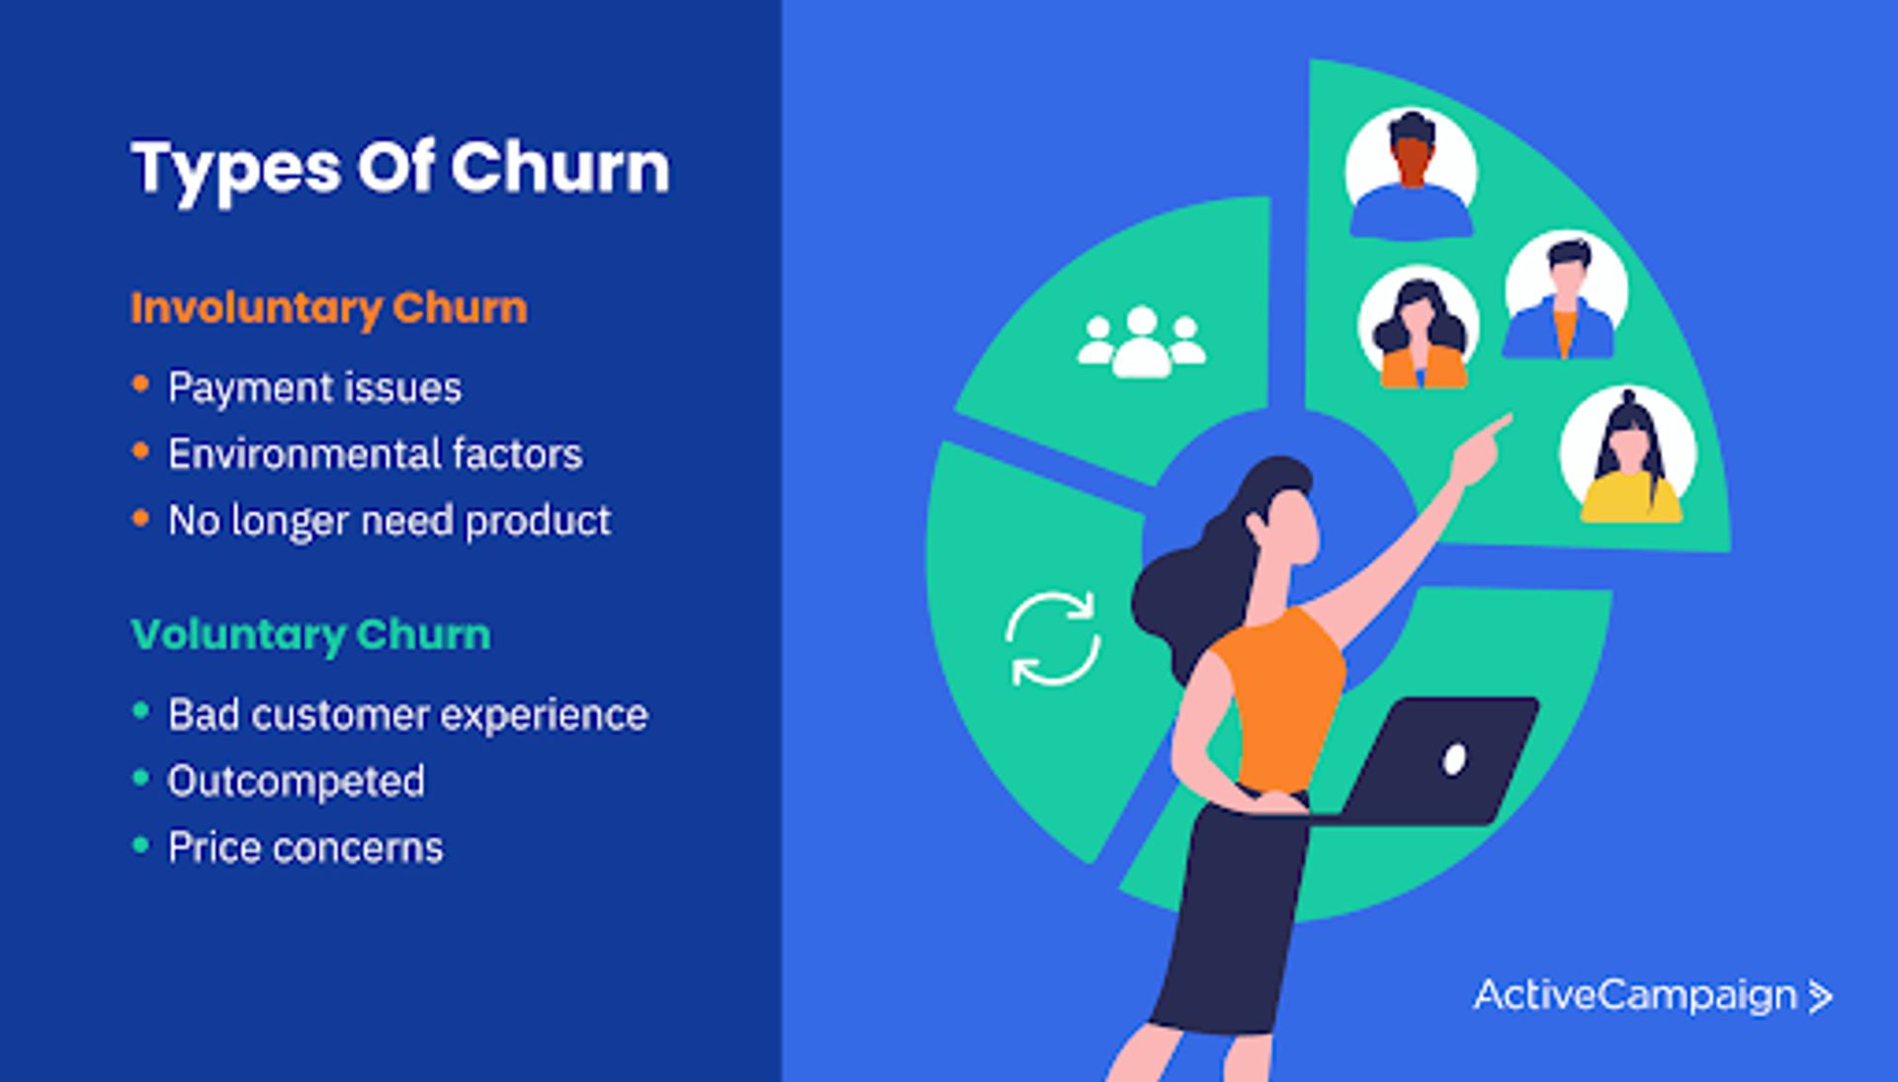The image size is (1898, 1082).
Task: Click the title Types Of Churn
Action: (400, 168)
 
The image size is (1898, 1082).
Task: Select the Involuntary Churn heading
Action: (329, 308)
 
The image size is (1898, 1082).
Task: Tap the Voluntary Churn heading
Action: (311, 634)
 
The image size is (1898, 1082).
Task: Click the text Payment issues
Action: (314, 387)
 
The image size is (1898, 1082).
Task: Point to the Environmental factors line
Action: (376, 454)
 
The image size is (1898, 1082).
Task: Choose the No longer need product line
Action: (389, 521)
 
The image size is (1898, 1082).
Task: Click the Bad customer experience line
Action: (408, 714)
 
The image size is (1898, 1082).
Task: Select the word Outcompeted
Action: (297, 782)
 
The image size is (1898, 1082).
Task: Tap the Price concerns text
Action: (306, 848)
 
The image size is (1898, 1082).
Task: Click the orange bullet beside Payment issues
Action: (140, 383)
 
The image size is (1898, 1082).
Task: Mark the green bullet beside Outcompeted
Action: (140, 778)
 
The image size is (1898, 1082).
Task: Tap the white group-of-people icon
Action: (1142, 342)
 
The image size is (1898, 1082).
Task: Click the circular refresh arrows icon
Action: (1053, 638)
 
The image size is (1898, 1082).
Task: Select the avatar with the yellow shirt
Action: (1629, 456)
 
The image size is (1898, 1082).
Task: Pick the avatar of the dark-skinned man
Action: (1412, 173)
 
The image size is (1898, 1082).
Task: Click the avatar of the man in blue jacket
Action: (1566, 294)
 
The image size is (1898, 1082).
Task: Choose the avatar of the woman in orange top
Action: (1419, 326)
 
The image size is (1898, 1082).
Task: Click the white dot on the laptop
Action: (1454, 759)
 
